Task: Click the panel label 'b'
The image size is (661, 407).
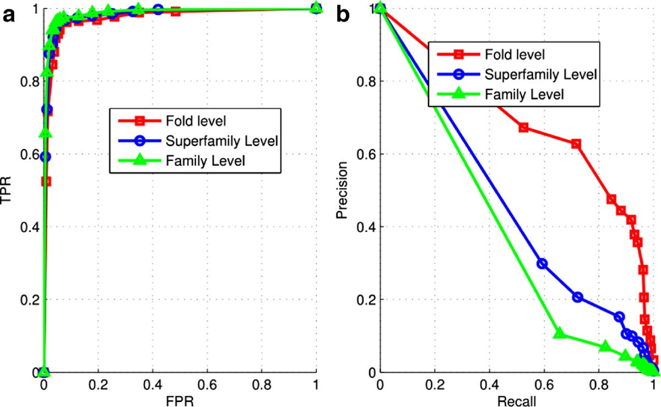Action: coord(343,15)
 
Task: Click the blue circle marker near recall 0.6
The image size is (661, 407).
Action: coord(542,263)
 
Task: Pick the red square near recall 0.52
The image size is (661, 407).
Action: coord(523,128)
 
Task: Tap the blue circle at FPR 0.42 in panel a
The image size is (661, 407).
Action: coord(158,9)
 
